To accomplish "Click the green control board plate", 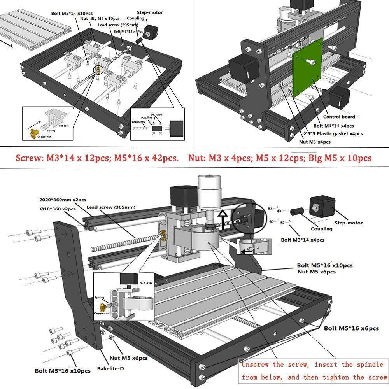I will coord(307,72).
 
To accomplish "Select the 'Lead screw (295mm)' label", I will coord(117,25).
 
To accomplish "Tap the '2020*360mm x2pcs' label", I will coord(63,199).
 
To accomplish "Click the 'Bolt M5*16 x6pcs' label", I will coord(351,328).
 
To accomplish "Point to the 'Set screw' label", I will coord(156,114).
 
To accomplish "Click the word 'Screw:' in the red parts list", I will coord(28,158).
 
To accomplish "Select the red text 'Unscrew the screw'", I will coord(276,364).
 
